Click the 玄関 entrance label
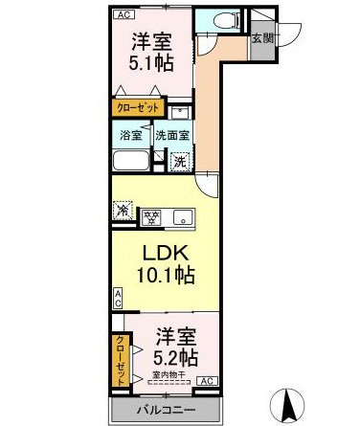click(260, 38)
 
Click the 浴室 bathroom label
click(131, 135)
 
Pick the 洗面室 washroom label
click(172, 135)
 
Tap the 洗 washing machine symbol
click(180, 162)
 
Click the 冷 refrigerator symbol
click(123, 210)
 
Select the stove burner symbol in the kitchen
click(150, 215)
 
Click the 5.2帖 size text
click(175, 359)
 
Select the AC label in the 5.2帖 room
click(203, 381)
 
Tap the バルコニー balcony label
click(163, 411)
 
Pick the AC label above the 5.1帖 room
click(123, 15)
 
